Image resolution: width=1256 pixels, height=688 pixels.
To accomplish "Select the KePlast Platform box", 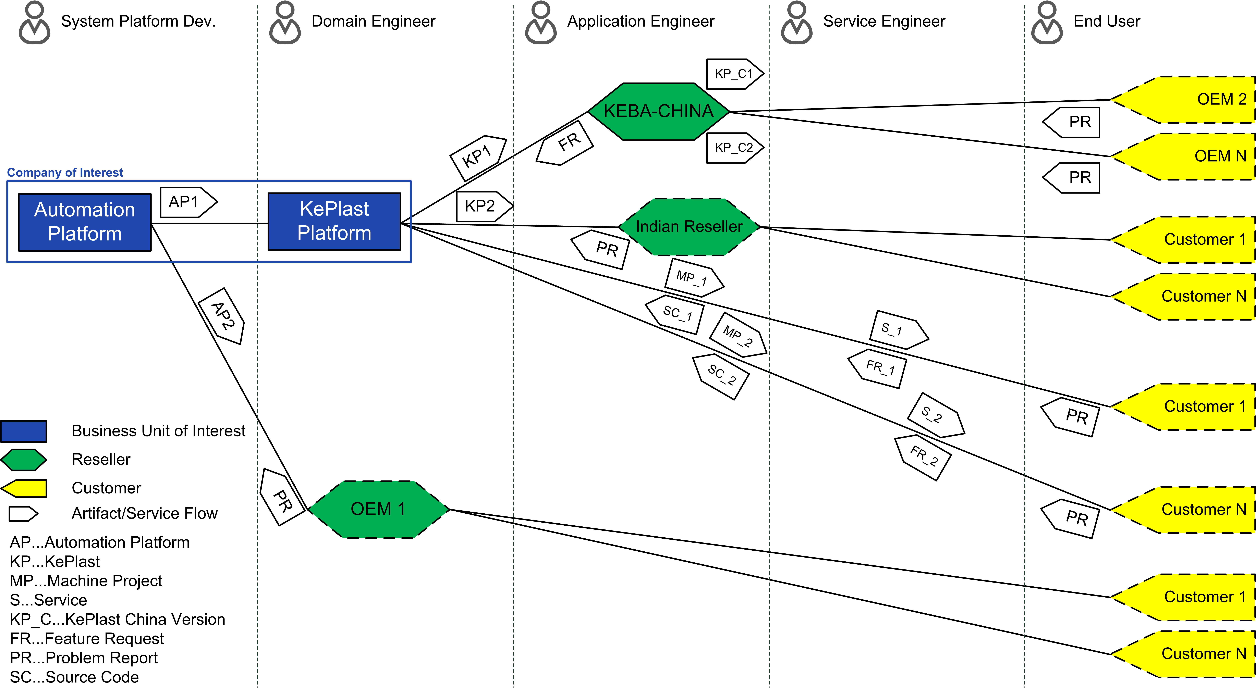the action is pyautogui.click(x=334, y=221).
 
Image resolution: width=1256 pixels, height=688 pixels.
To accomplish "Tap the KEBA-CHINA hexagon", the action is pyautogui.click(x=658, y=112).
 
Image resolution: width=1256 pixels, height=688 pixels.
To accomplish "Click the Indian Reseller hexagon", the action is pyautogui.click(x=689, y=227).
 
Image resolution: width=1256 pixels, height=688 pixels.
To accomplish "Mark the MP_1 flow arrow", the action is pyautogui.click(x=694, y=277).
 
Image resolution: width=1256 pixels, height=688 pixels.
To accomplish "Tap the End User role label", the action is pyautogui.click(x=1107, y=21).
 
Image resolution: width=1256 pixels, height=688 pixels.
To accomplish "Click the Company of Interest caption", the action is pyautogui.click(x=65, y=173).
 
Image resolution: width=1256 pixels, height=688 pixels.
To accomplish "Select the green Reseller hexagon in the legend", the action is pyautogui.click(x=23, y=460).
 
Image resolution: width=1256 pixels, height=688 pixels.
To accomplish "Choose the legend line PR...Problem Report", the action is pyautogui.click(x=84, y=658).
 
